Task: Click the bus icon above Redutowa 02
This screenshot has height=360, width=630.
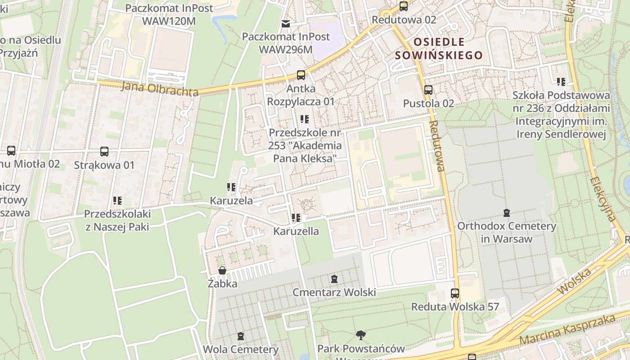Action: point(404,6)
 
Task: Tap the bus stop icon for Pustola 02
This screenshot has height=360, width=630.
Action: point(428,90)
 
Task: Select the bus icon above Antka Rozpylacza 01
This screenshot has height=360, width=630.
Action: point(301,75)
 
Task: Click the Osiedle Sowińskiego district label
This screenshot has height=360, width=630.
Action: point(438,49)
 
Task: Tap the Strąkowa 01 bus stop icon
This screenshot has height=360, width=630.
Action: point(104,152)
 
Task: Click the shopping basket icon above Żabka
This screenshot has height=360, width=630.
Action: point(222,270)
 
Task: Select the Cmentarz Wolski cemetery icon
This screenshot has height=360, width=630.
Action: point(334,279)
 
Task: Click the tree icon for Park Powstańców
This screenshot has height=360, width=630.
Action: point(360,335)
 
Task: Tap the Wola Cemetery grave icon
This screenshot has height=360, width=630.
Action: point(241,336)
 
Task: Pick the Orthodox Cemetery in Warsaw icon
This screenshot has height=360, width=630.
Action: point(507,212)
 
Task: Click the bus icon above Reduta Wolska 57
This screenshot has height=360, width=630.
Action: point(455,293)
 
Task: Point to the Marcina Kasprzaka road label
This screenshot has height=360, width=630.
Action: point(567,330)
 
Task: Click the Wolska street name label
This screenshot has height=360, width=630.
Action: point(574,281)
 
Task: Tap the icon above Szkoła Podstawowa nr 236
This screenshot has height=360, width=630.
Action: point(561,82)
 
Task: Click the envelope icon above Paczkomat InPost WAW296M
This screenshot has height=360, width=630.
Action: point(286,23)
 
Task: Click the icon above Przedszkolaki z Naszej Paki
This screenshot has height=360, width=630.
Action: point(117,201)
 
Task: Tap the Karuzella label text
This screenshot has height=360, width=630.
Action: point(296,231)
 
